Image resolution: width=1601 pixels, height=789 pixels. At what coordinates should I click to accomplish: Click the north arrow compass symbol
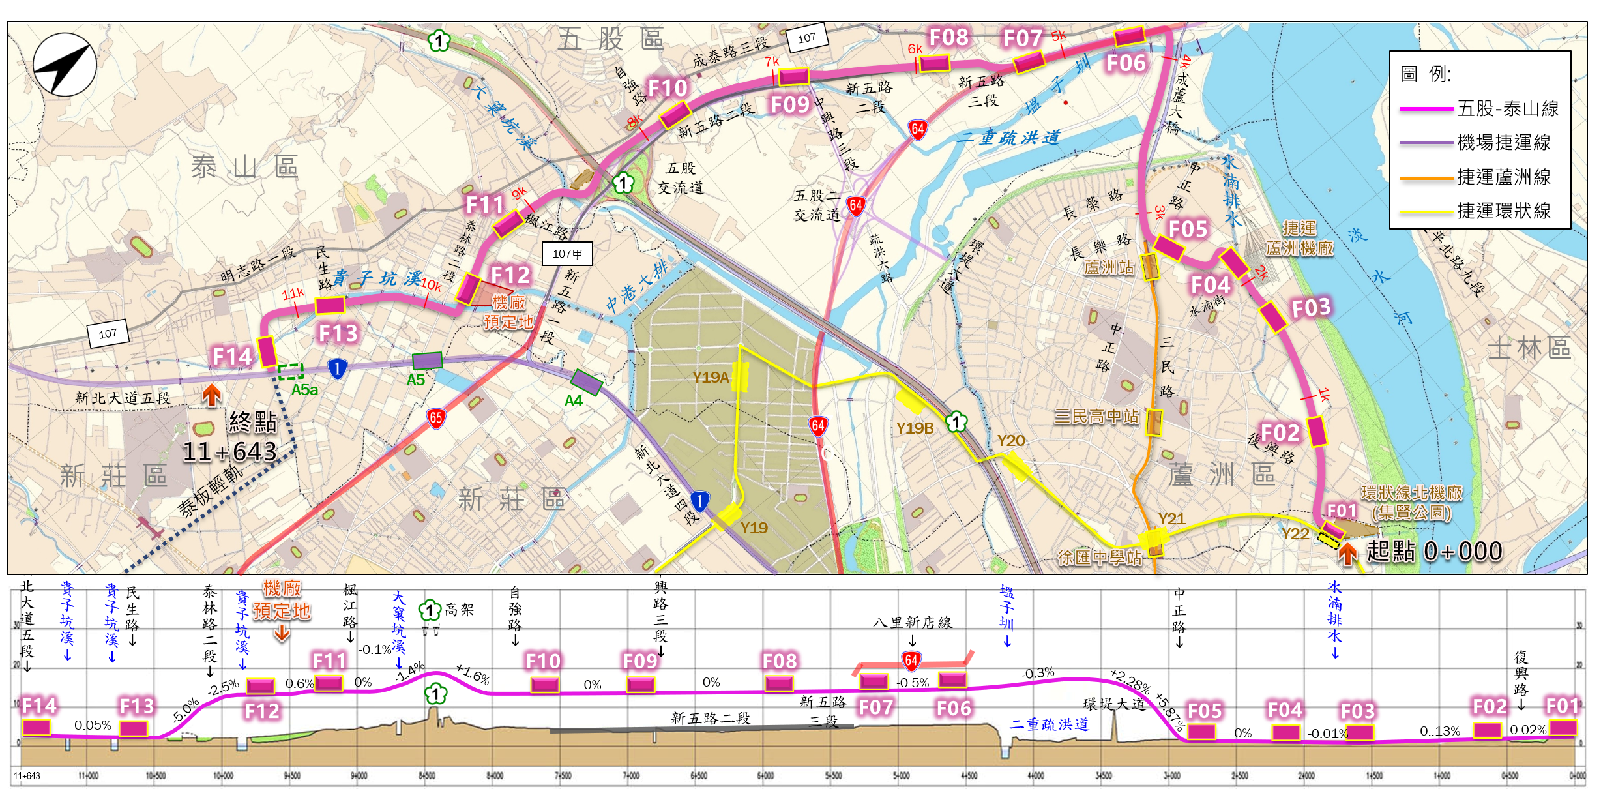[x=65, y=65]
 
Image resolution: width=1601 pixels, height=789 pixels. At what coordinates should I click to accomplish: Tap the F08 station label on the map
[x=948, y=38]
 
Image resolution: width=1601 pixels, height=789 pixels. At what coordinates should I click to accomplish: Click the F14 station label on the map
[x=231, y=356]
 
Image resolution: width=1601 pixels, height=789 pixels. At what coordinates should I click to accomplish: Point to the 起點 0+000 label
[x=1434, y=552]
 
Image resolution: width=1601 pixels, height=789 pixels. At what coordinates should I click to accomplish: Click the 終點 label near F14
[x=253, y=422]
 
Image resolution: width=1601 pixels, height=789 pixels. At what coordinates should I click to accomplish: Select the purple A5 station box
[x=427, y=361]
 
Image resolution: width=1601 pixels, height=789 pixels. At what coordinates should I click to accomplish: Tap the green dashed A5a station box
[x=291, y=372]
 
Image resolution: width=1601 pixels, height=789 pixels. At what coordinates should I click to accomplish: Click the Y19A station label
[x=710, y=377]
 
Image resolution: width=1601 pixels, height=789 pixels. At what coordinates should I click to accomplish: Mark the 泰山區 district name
[x=244, y=168]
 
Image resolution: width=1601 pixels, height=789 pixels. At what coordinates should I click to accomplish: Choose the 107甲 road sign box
[x=567, y=254]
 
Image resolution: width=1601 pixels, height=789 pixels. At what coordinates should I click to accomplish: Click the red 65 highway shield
[x=436, y=418]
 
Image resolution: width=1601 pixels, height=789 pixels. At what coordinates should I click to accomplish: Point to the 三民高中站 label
[x=1096, y=416]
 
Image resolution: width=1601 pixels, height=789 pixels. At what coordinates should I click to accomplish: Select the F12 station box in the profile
[x=261, y=686]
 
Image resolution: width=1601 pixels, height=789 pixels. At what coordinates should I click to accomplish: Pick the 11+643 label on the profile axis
[x=27, y=776]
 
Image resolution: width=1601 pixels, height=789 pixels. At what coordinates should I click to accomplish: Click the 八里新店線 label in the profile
[x=913, y=623]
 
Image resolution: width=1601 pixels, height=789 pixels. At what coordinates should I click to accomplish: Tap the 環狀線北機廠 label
[x=1411, y=493]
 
